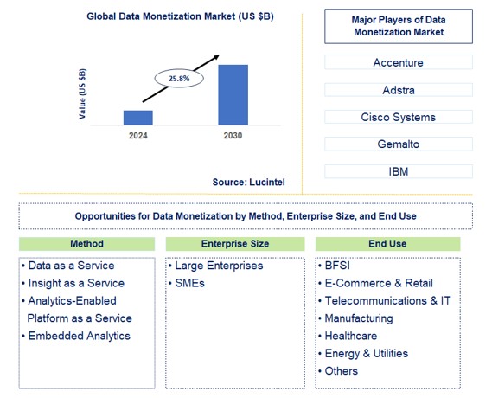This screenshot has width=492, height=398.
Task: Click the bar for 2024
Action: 138,118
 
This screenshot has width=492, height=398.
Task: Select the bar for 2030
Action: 233,95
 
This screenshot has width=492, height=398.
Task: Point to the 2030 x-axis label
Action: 233,136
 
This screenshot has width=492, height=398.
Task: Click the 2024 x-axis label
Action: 138,136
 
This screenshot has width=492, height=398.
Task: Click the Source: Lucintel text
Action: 248,182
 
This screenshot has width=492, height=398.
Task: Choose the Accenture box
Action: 399,62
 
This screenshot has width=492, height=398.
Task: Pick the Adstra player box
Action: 399,89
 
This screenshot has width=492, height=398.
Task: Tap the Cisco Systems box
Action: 399,117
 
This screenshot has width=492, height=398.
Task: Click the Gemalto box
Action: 399,144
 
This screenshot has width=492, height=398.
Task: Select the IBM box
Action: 399,171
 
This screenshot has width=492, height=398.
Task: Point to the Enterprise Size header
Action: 235,244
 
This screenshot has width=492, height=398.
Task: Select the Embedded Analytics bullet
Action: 78,336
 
